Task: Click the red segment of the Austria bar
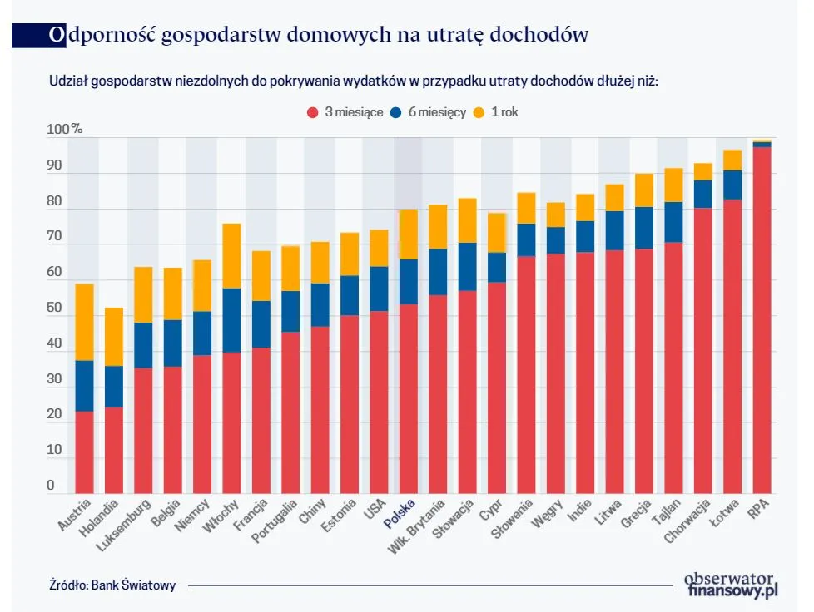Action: coord(84,452)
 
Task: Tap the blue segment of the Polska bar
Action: coord(408,281)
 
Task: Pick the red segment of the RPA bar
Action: coord(761,320)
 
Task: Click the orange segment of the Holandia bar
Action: coord(113,336)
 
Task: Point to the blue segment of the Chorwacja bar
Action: coord(702,194)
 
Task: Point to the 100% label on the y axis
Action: coord(64,130)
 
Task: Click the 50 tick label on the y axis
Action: coord(55,308)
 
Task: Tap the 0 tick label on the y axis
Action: coord(51,486)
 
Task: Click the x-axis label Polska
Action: coord(400,514)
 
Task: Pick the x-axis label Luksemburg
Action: coord(123,526)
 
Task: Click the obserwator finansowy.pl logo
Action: coord(730,585)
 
